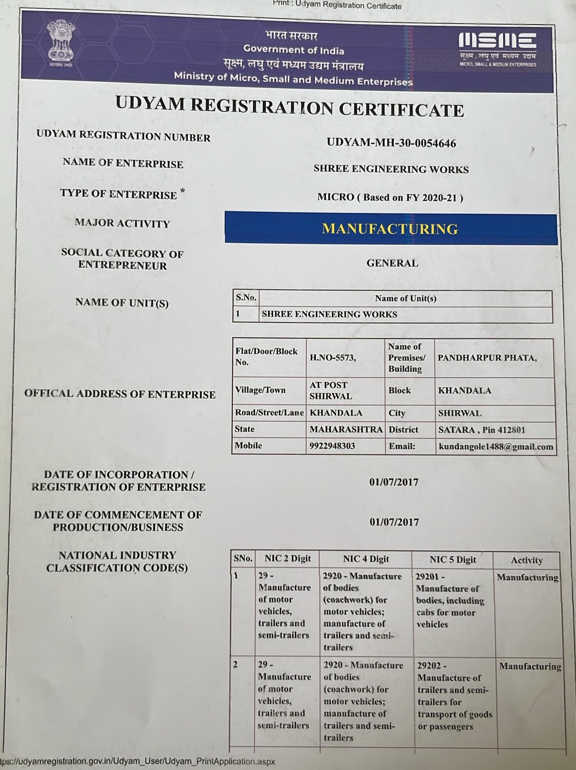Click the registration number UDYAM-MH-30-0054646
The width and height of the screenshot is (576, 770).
point(391,143)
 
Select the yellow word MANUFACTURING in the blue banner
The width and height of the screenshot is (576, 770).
point(390,229)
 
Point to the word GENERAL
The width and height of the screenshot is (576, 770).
point(392,263)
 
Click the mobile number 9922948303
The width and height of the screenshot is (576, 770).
point(332,446)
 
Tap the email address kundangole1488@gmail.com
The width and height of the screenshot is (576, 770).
point(496,447)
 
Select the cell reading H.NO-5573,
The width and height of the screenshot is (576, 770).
point(333,358)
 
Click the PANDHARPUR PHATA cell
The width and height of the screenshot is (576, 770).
point(487,358)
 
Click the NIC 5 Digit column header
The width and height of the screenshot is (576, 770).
point(452,560)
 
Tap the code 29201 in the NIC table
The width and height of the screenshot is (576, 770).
point(427,577)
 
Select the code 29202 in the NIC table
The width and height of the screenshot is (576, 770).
point(429,666)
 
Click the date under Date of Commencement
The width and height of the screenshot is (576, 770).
point(394,522)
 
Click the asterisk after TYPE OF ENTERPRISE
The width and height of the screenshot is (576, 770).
point(182,191)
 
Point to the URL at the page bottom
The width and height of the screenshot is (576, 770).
point(138,761)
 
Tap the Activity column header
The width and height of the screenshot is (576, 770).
point(526,560)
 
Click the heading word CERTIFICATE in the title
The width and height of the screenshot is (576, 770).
point(401,110)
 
